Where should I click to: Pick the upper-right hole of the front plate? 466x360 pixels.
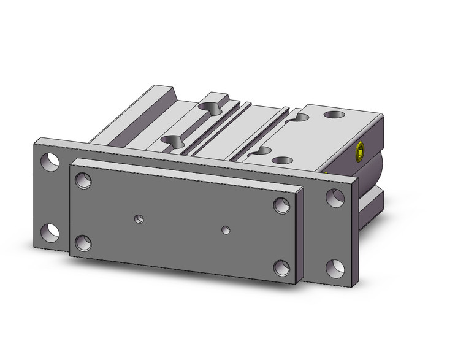pos(282,205)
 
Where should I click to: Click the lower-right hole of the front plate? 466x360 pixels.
pos(281,267)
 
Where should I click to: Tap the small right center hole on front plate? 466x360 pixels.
pos(226,230)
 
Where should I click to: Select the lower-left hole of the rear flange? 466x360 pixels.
pos(49,231)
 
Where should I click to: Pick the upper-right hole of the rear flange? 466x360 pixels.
pos(334,197)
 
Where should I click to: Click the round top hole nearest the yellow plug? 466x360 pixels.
pos(335,115)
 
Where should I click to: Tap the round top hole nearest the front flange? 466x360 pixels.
pos(283,161)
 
